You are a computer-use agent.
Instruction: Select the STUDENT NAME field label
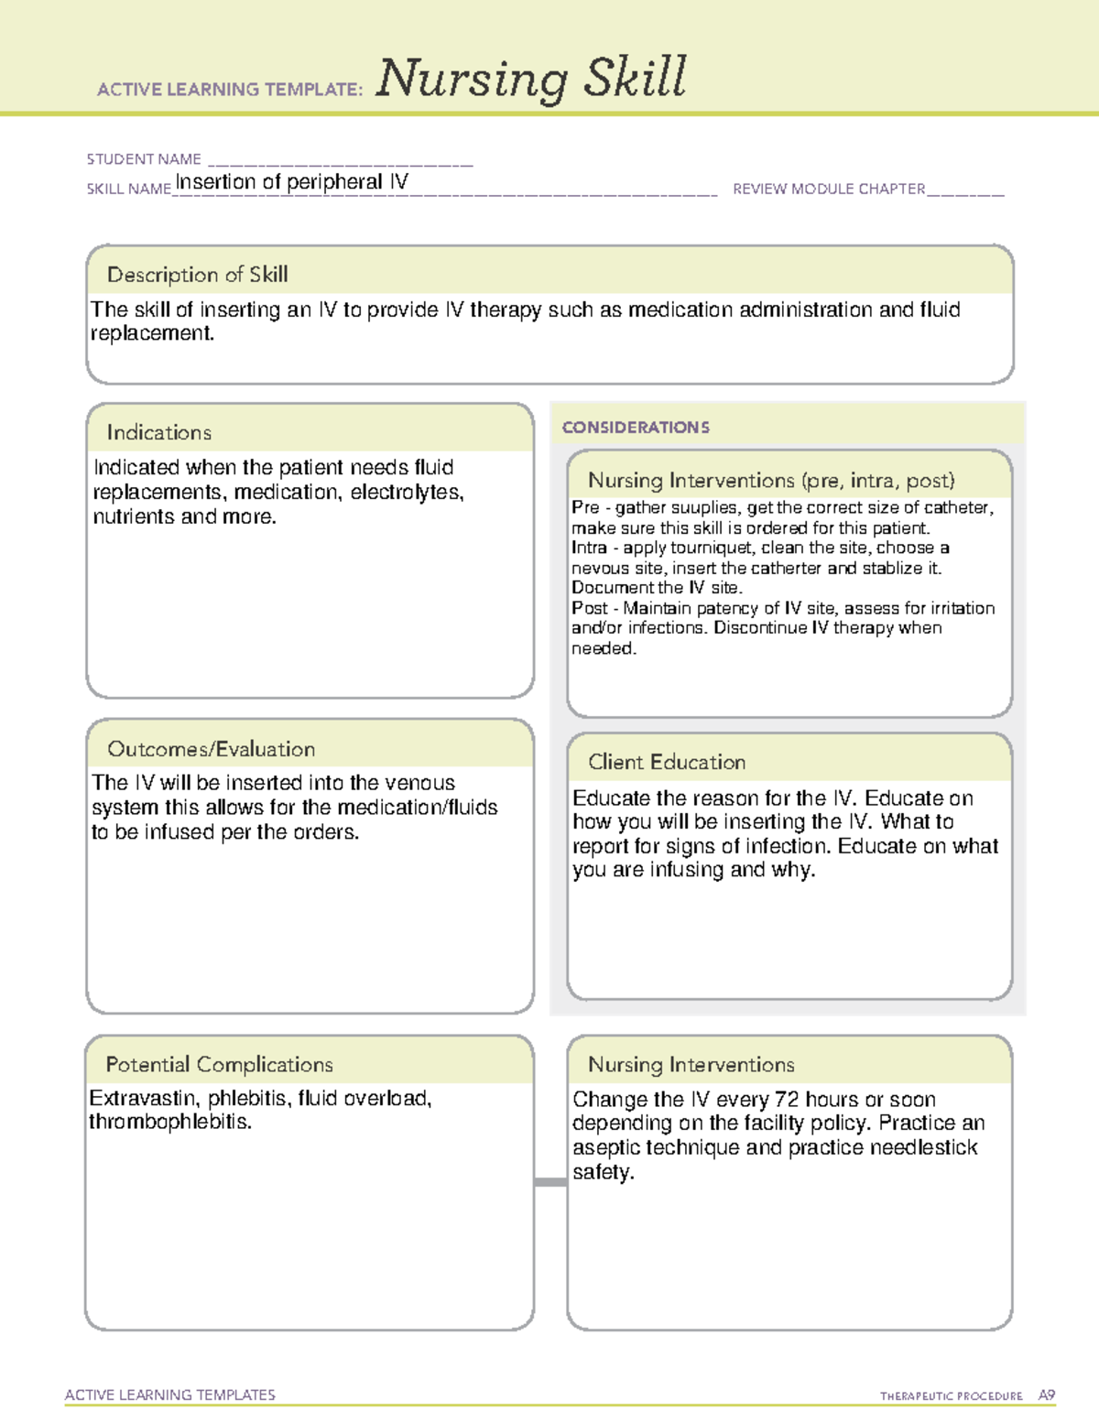[144, 159]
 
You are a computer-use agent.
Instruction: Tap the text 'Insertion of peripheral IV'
[291, 181]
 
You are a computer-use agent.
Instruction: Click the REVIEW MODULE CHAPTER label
[829, 189]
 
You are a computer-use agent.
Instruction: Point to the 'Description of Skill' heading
[197, 275]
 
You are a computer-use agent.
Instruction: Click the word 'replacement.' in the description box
[152, 334]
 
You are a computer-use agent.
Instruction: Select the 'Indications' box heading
[158, 432]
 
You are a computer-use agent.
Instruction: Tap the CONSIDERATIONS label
[636, 428]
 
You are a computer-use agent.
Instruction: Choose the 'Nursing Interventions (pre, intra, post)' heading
[771, 481]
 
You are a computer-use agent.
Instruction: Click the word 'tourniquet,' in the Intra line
[713, 548]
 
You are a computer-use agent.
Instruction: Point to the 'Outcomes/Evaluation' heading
[211, 749]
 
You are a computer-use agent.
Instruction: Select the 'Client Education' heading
[667, 762]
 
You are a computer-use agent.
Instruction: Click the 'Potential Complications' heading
[219, 1064]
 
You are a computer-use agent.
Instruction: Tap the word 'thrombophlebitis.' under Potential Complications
[170, 1122]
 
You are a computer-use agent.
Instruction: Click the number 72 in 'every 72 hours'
[787, 1100]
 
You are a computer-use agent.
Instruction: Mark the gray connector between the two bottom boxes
[550, 1182]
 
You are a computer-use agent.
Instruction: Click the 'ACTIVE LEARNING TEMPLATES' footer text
[170, 1395]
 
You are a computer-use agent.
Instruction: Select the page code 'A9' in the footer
[1046, 1395]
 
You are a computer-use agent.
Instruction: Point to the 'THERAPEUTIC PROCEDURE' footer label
[951, 1396]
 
